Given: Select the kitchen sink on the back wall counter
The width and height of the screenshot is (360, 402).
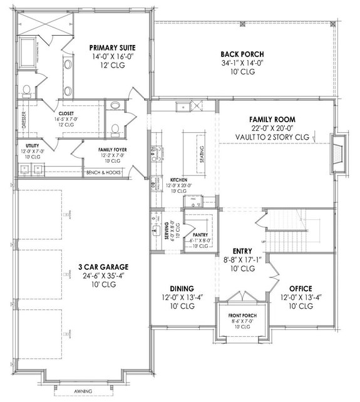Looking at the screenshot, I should coord(183,106).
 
